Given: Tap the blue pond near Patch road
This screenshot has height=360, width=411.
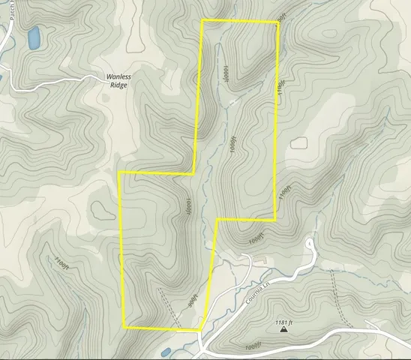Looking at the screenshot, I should (34, 37).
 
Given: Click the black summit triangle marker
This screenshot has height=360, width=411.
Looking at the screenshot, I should (283, 328).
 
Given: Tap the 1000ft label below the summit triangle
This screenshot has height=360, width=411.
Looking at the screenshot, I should (255, 347).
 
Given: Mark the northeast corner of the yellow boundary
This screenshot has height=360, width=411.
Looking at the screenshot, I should (278, 22).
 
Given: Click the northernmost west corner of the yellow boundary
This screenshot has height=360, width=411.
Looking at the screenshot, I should (202, 20).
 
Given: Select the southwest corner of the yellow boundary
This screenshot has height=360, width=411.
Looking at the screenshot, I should (124, 327).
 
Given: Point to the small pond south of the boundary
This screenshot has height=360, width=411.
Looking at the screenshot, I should (166, 351).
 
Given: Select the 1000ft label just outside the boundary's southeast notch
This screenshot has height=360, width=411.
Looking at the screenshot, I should (256, 238).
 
